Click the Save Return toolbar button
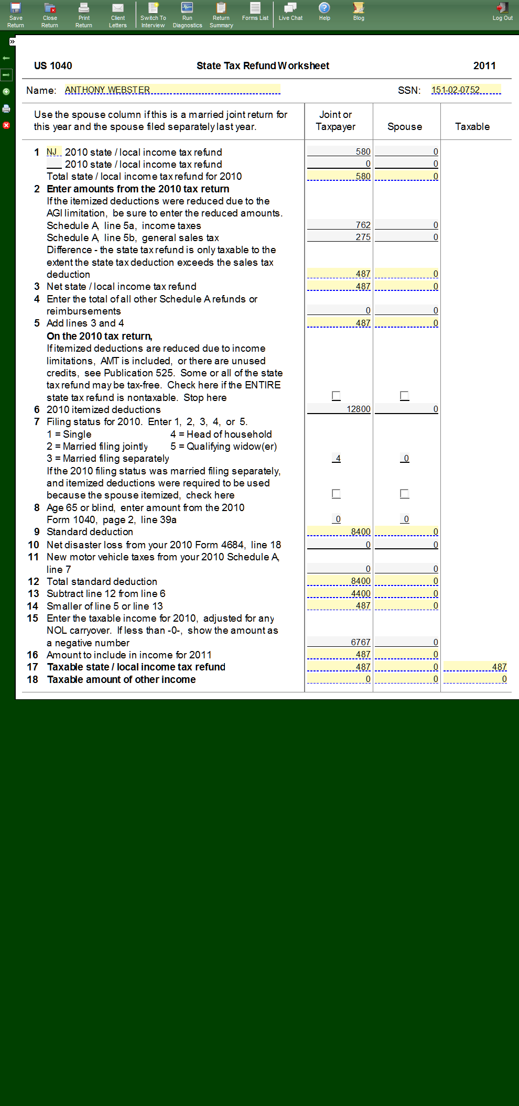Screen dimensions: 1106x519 [16, 15]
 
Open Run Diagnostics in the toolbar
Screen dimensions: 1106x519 [187, 15]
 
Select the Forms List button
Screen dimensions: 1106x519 [255, 12]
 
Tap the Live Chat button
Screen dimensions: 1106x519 [290, 12]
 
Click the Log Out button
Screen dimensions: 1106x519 [502, 12]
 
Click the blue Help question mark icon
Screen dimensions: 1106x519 [325, 8]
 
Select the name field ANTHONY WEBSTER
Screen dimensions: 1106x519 [172, 90]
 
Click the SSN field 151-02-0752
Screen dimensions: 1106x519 [466, 90]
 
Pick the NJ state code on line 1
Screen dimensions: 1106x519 [53, 152]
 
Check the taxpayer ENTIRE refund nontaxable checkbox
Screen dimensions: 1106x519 [336, 396]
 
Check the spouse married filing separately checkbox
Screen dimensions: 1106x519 [404, 494]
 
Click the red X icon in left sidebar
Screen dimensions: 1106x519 [6, 125]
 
